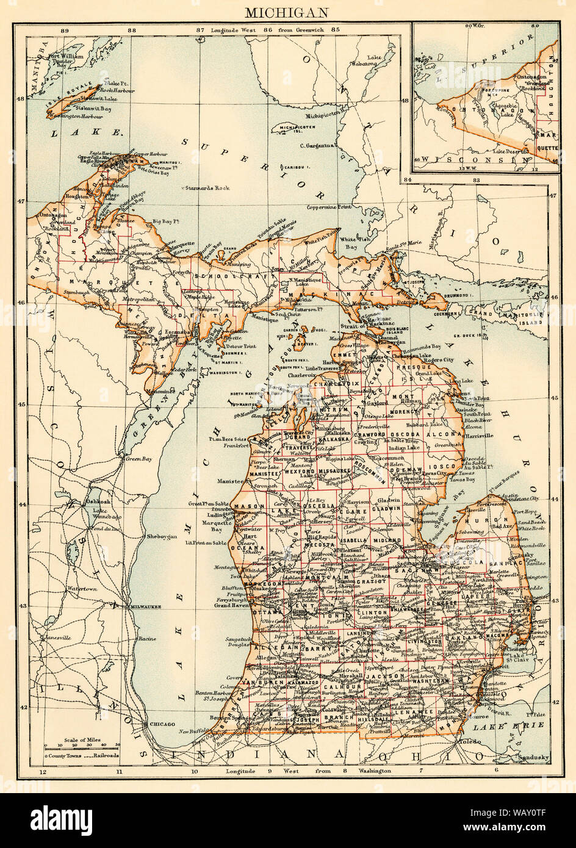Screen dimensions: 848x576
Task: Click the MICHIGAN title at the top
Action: pyautogui.click(x=287, y=11)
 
